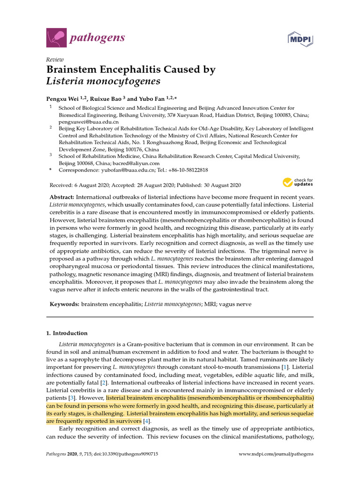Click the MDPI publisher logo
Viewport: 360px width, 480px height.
(300, 37)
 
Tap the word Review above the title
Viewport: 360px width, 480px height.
(55, 60)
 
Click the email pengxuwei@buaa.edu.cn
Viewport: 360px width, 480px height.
(84, 121)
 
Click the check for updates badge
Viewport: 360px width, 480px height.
(298, 182)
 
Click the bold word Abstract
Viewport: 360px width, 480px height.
(62, 198)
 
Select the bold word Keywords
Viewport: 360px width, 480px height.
(65, 304)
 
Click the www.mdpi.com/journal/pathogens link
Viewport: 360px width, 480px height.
(276, 454)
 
